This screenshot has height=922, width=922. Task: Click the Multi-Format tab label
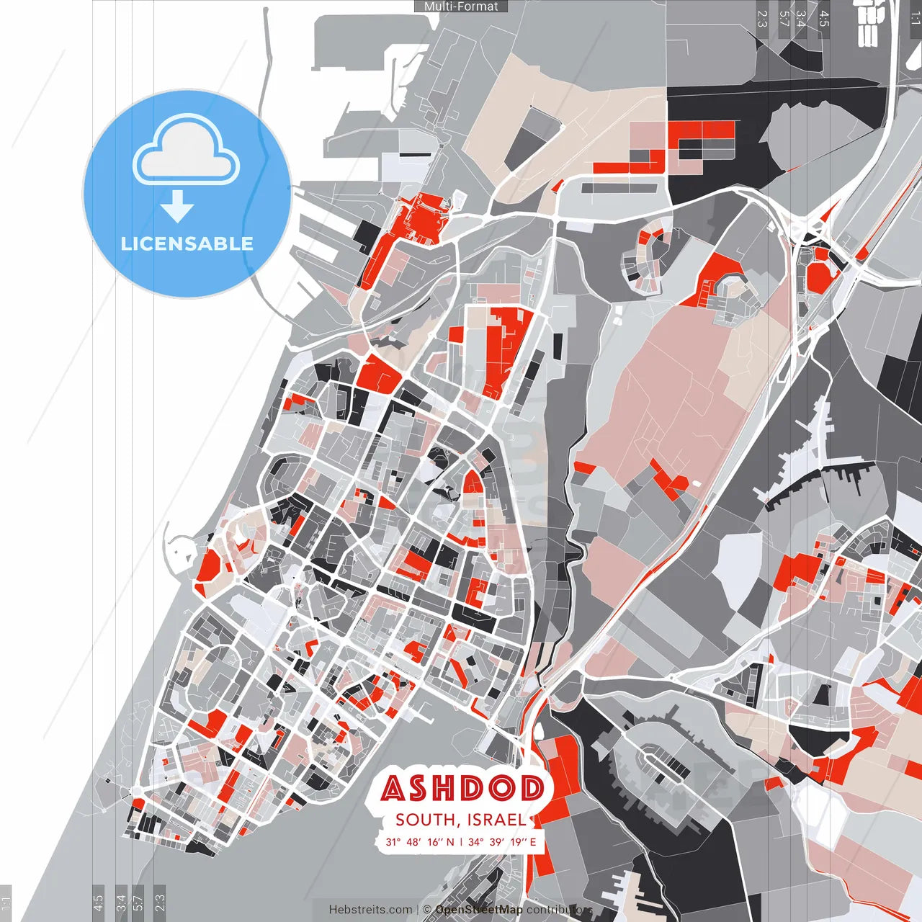click(x=461, y=6)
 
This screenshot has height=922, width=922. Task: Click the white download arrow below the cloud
click(x=177, y=206)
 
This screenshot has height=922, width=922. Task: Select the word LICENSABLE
click(x=187, y=243)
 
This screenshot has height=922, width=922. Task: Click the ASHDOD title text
click(x=462, y=789)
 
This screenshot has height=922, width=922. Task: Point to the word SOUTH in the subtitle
click(x=424, y=820)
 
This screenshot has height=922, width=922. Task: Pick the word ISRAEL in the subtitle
click(x=496, y=820)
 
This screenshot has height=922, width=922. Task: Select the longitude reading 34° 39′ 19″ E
click(x=502, y=841)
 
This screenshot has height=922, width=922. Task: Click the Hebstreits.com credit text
click(x=370, y=910)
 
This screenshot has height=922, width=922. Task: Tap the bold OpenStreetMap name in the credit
click(x=479, y=910)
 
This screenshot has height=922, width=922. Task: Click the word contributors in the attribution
click(x=559, y=910)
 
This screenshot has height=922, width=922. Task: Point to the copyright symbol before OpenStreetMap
click(x=426, y=910)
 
